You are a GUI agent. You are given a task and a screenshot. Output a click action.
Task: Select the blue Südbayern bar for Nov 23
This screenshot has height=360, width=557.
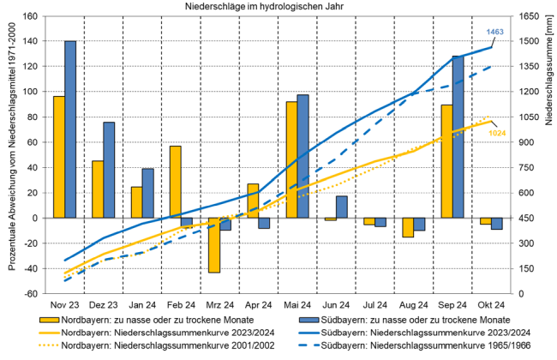tap(70, 129)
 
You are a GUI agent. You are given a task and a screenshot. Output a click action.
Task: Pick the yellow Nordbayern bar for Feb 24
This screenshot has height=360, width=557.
tap(175, 182)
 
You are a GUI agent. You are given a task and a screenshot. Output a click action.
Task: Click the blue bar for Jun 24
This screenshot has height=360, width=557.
tap(341, 207)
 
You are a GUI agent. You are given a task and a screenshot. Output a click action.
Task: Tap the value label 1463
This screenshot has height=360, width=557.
tap(495, 32)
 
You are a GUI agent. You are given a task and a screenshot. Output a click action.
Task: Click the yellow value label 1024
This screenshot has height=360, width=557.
tap(497, 133)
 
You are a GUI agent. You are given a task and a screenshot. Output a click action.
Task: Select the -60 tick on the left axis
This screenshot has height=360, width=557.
tap(32, 294)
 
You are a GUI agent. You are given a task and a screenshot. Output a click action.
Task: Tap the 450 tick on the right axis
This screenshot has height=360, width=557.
tap(525, 218)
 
